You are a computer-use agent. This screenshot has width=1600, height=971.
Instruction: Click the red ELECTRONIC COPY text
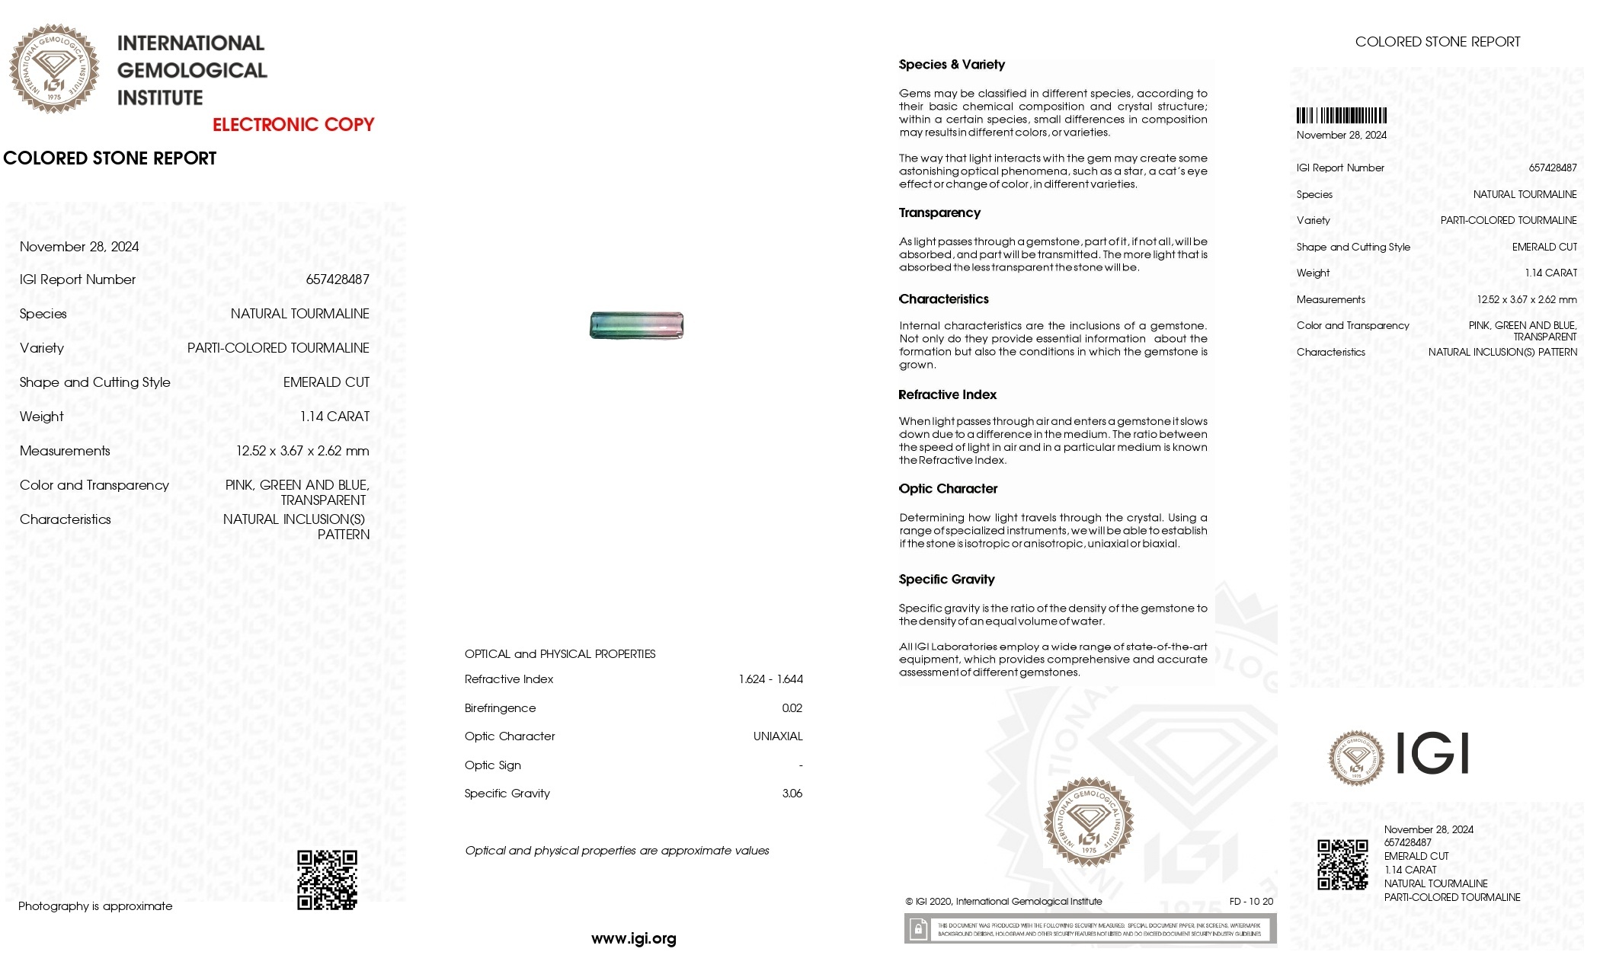click(293, 125)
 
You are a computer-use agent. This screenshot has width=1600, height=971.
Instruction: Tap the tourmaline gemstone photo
click(636, 325)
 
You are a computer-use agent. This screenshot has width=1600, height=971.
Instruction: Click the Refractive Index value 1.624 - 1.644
click(770, 679)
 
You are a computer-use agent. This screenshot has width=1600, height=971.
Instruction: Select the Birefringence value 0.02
click(792, 708)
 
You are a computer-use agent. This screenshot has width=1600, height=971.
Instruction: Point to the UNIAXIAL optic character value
click(777, 736)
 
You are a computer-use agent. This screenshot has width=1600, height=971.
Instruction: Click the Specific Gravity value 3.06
click(792, 794)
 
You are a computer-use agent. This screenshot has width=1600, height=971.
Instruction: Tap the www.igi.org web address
click(633, 939)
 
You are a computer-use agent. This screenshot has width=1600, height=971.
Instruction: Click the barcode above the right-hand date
click(1341, 116)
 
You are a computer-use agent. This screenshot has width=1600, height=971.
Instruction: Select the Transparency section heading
click(939, 213)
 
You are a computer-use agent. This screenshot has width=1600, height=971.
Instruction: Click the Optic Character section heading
click(947, 489)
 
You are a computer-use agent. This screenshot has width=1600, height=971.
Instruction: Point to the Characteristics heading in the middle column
click(943, 299)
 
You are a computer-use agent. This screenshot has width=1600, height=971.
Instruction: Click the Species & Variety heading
click(951, 65)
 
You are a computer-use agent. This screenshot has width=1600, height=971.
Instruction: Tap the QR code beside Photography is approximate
click(327, 880)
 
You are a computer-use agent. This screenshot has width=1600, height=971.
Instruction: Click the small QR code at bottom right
click(1342, 864)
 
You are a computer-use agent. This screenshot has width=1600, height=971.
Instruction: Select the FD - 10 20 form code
click(1250, 902)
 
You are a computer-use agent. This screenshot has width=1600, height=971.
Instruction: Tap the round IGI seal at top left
click(53, 69)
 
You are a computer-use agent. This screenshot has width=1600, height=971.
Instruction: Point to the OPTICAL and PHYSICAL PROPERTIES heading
click(559, 654)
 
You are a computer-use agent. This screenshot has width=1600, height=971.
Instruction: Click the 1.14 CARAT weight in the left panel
click(334, 417)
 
